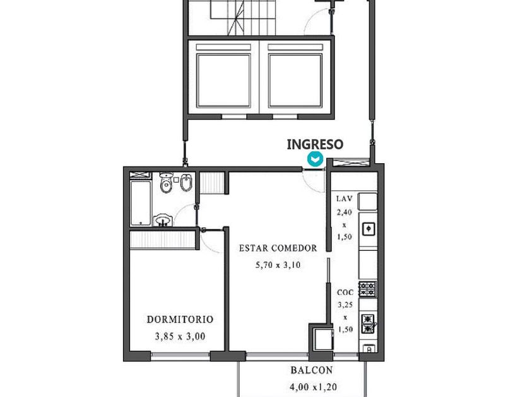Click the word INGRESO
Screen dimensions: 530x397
tap(315, 144)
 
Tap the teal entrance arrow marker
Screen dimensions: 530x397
tap(315, 159)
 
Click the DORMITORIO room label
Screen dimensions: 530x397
tap(180, 319)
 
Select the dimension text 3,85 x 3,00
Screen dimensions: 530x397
tap(180, 337)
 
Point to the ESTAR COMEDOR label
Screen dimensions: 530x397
tap(278, 248)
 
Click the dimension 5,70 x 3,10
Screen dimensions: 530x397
tap(278, 265)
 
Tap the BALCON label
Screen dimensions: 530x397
tap(311, 370)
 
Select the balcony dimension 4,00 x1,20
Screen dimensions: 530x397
tap(313, 386)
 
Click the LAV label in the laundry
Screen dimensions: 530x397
tap(344, 198)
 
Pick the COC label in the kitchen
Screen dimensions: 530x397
tap(345, 292)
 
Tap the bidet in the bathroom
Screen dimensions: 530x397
tap(186, 183)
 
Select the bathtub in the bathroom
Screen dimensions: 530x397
tap(141, 203)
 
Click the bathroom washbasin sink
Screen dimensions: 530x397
tap(163, 220)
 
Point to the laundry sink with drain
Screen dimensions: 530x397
tap(368, 229)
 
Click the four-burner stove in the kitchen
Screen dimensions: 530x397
tap(367, 289)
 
